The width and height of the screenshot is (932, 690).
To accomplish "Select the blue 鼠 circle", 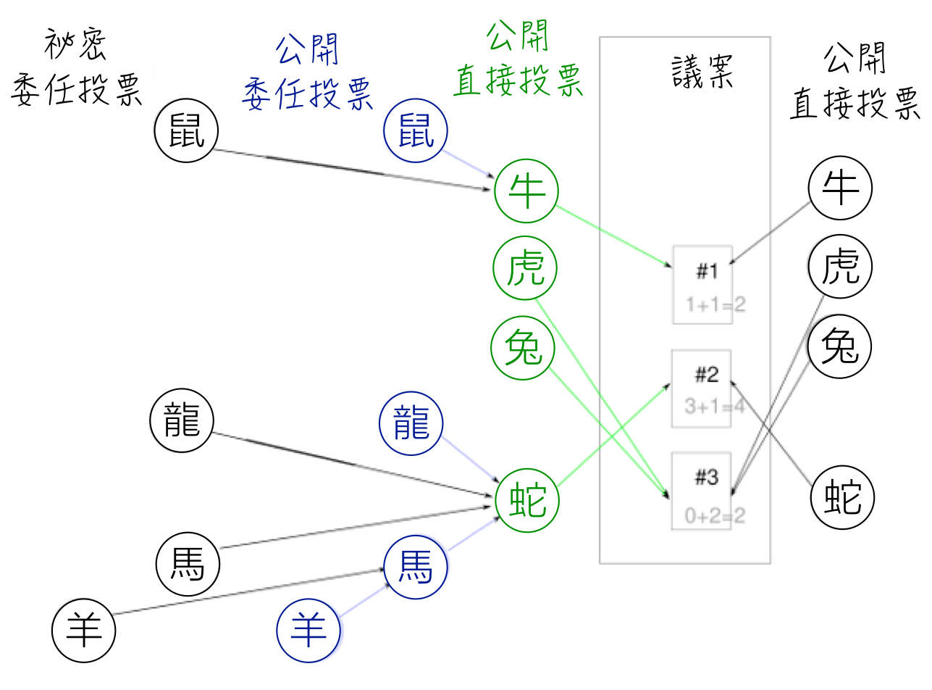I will tap(416, 133).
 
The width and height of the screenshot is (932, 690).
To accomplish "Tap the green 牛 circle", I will tap(526, 191).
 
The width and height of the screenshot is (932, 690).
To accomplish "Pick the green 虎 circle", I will tap(525, 271).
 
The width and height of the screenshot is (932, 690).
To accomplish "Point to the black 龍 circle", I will tap(182, 423).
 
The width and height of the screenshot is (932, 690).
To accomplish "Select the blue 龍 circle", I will tap(411, 423).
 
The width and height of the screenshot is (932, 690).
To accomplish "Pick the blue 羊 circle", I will tap(308, 629).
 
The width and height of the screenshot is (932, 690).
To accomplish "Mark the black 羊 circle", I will tap(84, 629).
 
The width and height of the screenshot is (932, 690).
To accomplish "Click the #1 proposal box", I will tap(702, 285).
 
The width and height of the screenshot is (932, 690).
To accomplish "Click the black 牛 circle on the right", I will tap(840, 188).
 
